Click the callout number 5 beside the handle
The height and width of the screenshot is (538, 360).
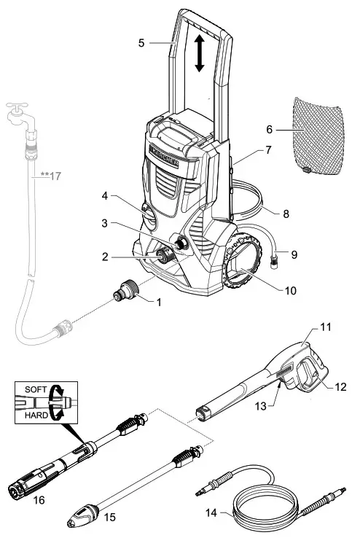coord(141,43)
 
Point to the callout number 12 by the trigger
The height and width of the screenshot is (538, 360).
coord(340,386)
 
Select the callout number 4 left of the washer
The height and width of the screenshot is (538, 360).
coord(105,195)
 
